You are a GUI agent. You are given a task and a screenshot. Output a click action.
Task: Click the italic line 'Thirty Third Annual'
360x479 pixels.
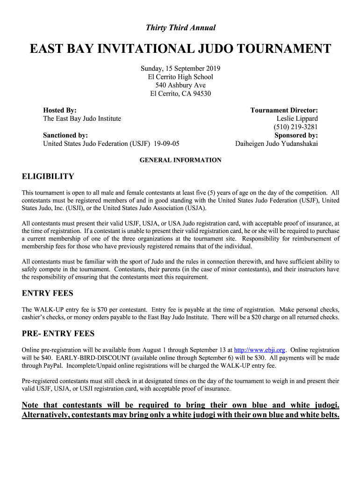(180, 28)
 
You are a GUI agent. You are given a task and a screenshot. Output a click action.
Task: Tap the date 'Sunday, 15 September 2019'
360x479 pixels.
(180, 68)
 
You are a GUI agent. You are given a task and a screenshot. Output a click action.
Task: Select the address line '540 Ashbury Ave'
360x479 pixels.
(180, 85)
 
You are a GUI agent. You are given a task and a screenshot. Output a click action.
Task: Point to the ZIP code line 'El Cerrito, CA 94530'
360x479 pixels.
(180, 94)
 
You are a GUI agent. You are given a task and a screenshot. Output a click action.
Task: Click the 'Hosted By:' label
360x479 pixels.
(60, 110)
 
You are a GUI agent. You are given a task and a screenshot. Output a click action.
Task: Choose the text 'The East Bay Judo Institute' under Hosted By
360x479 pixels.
(82, 119)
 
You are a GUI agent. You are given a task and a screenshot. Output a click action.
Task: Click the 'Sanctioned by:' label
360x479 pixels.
(65, 135)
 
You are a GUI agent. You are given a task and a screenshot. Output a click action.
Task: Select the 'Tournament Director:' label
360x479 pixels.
(284, 110)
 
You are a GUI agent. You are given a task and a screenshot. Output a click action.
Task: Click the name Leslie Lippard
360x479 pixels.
(297, 119)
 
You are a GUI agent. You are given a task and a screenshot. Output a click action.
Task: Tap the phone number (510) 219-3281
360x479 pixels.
(295, 127)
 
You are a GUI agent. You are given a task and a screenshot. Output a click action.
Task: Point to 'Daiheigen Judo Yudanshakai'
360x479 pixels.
(276, 144)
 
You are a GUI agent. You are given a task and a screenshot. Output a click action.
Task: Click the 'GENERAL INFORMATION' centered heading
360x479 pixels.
(180, 160)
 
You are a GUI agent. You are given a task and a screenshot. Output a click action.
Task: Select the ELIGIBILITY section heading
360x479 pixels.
(48, 177)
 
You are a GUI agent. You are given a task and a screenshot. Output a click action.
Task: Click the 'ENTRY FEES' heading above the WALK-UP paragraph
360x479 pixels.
(48, 293)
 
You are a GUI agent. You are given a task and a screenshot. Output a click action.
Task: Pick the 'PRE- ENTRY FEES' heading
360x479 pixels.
(58, 334)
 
